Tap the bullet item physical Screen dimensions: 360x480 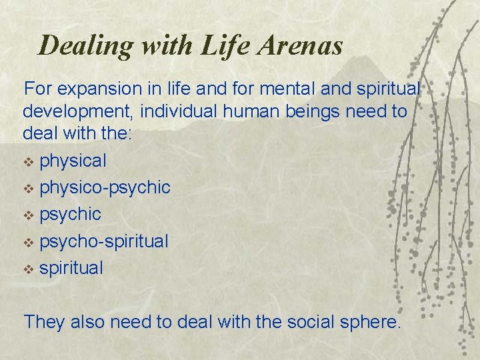tap(73, 161)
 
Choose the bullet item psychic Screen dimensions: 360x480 tap(70, 215)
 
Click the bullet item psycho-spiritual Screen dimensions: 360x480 tap(104, 241)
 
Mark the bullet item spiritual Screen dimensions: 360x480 tap(71, 268)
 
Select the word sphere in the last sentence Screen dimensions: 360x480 tap(369, 322)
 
